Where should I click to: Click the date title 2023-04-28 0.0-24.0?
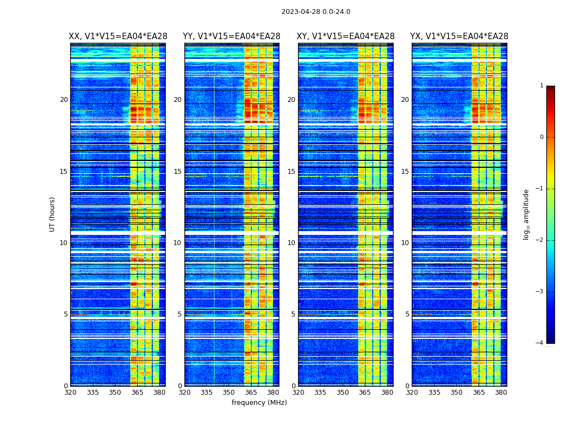point(316,12)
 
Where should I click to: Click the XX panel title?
point(118,36)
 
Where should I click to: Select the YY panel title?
point(232,36)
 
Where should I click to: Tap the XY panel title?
point(345,36)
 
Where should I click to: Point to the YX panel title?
point(459,36)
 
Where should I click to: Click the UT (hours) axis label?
point(53,214)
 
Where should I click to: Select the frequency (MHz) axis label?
point(259,403)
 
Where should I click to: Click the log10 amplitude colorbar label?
point(527,214)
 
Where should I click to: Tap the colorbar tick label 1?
point(542,86)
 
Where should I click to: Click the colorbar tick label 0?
point(542,137)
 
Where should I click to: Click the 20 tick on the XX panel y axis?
point(64,100)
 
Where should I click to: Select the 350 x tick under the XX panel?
point(115,393)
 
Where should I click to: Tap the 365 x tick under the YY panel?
point(251,393)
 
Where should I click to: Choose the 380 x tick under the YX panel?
point(501,393)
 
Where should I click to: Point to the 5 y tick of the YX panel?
point(407,314)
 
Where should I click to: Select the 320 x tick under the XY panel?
point(298,393)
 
